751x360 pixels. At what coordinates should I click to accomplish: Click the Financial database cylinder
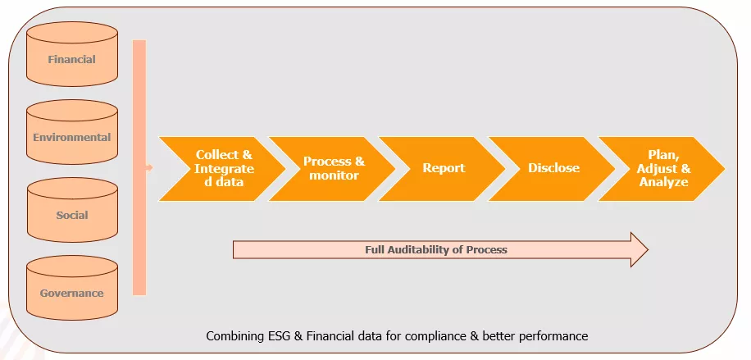pos(72,58)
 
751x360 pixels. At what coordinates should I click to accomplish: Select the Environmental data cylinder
pos(72,136)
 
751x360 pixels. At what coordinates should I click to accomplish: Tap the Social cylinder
pos(72,214)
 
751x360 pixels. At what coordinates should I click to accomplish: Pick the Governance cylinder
pos(72,292)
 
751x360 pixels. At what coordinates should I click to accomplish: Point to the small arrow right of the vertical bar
pos(149,168)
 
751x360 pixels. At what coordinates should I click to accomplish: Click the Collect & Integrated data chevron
pos(221,168)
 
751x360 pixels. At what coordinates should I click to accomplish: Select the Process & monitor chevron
pos(332,168)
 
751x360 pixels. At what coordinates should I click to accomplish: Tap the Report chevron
pos(443,168)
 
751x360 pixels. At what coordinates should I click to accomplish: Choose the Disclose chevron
pos(553,168)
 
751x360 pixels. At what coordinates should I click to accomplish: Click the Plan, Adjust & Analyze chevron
pos(662,168)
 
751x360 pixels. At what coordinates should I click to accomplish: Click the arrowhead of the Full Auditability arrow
pos(637,249)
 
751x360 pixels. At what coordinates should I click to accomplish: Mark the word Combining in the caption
pos(230,336)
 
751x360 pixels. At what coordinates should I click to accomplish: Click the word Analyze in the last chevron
pos(663,182)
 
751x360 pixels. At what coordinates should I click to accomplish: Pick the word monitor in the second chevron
pos(334,175)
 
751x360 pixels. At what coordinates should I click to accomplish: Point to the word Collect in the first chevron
pos(216,155)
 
